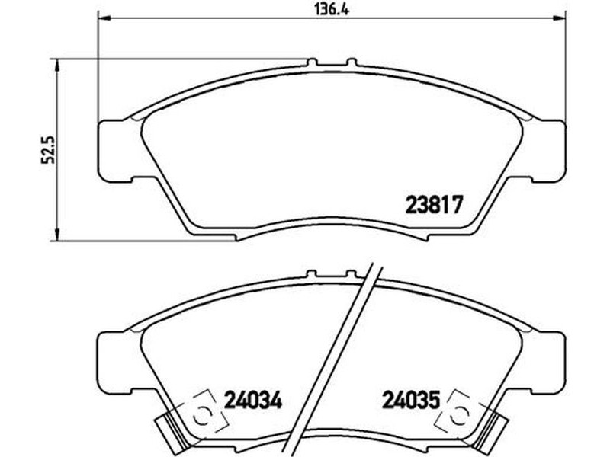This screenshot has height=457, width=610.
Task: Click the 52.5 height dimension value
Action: tap(49, 149)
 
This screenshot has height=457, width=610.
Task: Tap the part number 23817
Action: tap(435, 204)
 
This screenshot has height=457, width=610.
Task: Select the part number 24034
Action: tap(253, 400)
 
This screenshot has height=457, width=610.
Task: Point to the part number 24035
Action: tap(411, 400)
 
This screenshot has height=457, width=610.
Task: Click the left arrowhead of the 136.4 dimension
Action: tap(104, 18)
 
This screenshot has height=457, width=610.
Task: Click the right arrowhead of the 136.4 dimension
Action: tap(559, 18)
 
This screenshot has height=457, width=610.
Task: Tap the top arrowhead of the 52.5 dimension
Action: tap(57, 66)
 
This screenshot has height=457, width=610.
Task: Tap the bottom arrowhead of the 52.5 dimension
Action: tap(57, 234)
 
